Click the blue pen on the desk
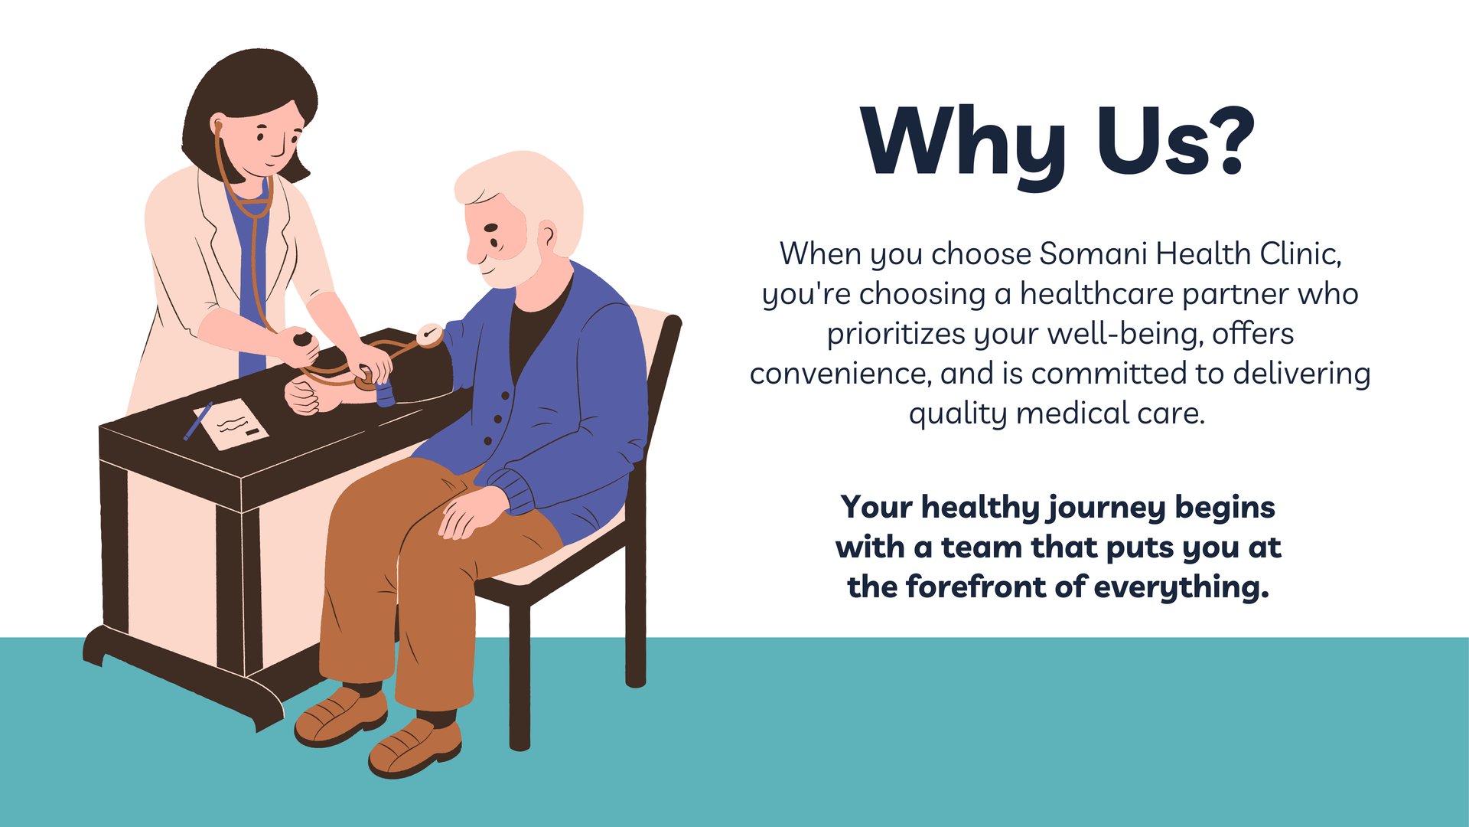point(197,421)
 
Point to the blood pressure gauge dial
point(430,335)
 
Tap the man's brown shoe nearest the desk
point(340,716)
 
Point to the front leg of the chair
point(520,674)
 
